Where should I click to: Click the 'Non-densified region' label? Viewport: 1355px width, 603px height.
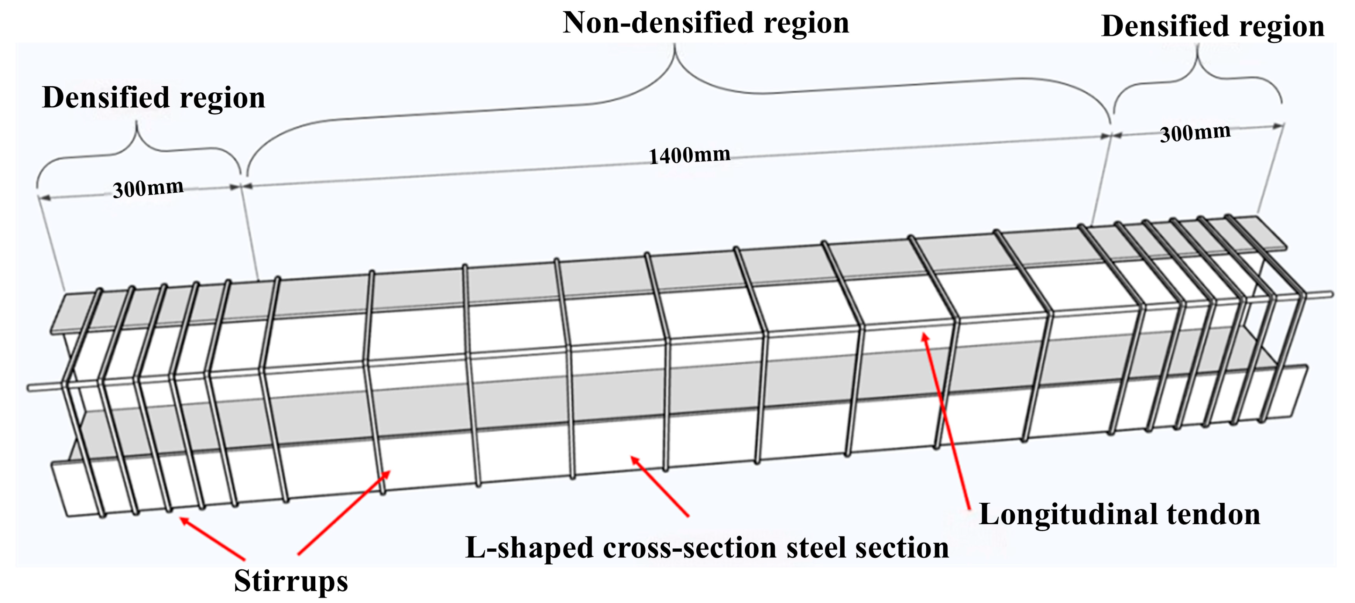pyautogui.click(x=706, y=23)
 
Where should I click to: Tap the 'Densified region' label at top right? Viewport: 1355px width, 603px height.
pyautogui.click(x=1212, y=26)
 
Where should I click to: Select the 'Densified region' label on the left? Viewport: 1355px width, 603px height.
pyautogui.click(x=154, y=98)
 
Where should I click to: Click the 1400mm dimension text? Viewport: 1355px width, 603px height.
pyautogui.click(x=689, y=155)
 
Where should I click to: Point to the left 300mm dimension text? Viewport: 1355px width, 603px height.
pyautogui.click(x=148, y=188)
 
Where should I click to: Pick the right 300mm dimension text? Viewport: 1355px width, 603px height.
pyautogui.click(x=1195, y=133)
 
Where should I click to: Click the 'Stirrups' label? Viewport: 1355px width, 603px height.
pyautogui.click(x=291, y=581)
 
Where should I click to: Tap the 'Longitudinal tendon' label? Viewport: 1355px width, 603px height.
pyautogui.click(x=1119, y=515)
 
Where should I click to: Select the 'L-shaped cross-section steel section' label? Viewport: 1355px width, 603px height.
pyautogui.click(x=707, y=548)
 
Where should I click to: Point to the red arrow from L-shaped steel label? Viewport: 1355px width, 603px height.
pyautogui.click(x=660, y=486)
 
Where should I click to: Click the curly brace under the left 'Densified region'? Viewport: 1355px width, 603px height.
pyautogui.click(x=138, y=147)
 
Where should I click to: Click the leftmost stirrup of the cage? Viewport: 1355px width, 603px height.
pyautogui.click(x=82, y=400)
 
